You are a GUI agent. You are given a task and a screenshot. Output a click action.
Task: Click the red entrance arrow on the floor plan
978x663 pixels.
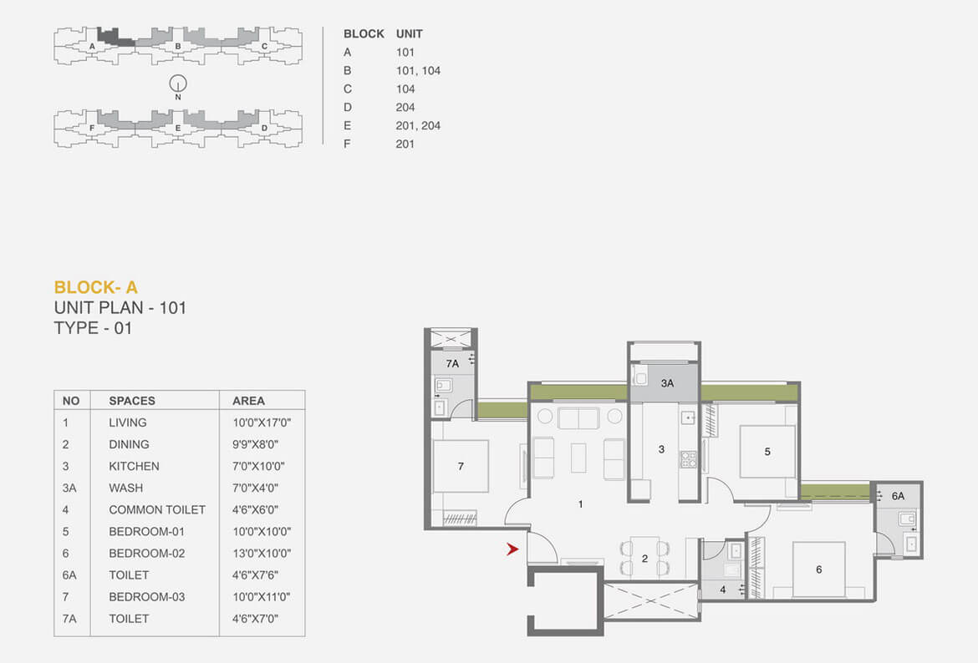[512, 549]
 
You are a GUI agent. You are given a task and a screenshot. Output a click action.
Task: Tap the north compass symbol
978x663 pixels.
[178, 84]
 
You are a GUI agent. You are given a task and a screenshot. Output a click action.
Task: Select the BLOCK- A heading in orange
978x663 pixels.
[95, 287]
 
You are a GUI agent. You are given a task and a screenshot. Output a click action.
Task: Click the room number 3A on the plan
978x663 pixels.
[667, 383]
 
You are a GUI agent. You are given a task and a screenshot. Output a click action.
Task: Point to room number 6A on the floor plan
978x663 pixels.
[898, 496]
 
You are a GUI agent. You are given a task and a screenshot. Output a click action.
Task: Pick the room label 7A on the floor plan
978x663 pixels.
[452, 363]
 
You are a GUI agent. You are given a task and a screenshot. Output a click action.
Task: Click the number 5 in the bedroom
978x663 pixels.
[767, 452]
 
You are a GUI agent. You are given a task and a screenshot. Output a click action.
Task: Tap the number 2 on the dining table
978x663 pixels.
[645, 559]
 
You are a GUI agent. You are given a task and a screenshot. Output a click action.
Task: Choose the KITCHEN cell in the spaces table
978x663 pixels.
[134, 466]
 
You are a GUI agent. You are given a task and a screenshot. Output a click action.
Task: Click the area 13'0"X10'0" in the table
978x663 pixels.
[262, 554]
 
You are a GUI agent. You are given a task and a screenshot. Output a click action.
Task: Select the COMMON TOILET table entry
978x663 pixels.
[157, 509]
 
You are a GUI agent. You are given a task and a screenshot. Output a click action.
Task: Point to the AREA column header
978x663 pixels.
[248, 401]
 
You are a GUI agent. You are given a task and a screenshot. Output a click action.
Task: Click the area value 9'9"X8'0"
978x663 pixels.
[255, 444]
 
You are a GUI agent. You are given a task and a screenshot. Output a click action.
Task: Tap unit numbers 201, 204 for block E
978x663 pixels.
[418, 125]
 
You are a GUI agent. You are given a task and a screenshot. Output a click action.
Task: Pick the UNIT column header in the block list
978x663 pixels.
[409, 33]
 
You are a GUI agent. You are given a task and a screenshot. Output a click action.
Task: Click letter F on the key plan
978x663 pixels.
[92, 129]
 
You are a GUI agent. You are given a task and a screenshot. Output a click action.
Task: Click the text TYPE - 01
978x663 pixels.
[93, 328]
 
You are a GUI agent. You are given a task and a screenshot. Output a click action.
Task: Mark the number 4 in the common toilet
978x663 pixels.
[723, 590]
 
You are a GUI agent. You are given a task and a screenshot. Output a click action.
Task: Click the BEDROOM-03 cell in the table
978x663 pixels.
[146, 597]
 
